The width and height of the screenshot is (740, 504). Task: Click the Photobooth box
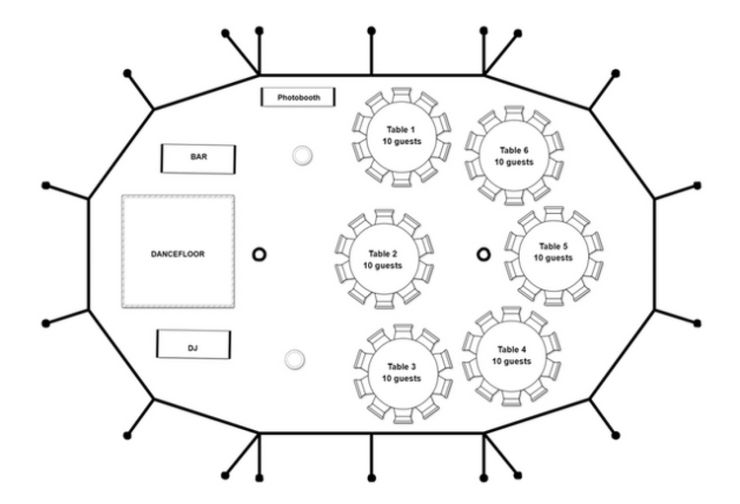tap(298, 98)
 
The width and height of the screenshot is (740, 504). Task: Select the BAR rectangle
tap(198, 157)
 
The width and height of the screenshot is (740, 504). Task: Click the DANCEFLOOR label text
tap(178, 253)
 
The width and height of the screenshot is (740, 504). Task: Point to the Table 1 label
tap(401, 129)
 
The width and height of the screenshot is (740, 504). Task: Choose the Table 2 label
tap(382, 252)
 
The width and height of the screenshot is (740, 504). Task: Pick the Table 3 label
tap(401, 366)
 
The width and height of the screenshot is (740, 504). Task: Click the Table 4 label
tap(511, 349)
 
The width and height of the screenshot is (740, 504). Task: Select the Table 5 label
tap(553, 246)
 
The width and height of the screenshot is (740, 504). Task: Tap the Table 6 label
tap(514, 150)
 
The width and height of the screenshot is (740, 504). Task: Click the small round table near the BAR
tap(301, 156)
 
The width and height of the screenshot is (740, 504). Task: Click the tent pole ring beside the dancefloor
tap(259, 254)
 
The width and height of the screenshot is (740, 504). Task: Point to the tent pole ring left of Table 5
tap(483, 254)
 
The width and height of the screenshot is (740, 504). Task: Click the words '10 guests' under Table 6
tap(514, 162)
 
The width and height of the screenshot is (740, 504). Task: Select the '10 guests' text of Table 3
tap(401, 379)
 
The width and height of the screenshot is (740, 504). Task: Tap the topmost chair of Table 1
tap(402, 95)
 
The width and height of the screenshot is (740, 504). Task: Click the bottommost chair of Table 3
tap(403, 415)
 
